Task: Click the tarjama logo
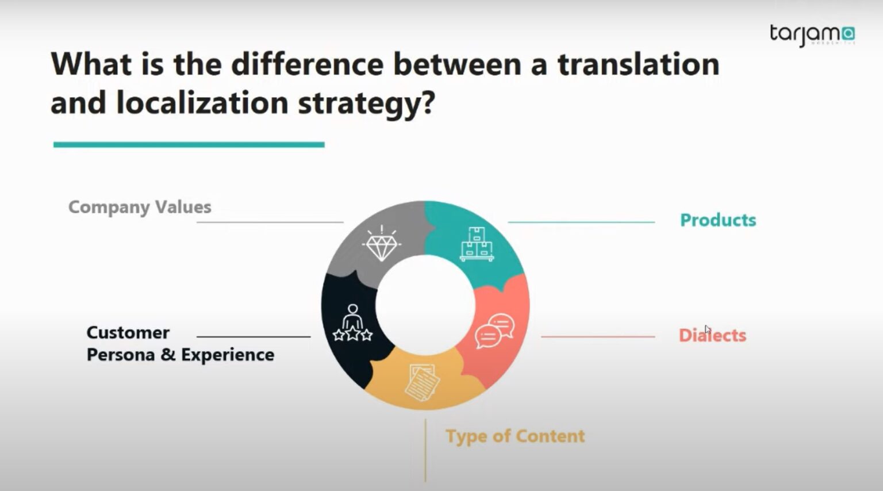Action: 812,34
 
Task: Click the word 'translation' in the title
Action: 638,64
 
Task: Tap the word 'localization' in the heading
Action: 202,103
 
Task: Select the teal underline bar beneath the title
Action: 189,145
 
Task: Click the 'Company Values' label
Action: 140,207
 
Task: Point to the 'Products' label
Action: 718,220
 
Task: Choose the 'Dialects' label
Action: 712,335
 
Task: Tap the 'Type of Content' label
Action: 515,436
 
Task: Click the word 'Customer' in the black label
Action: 128,332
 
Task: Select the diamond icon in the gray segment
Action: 381,244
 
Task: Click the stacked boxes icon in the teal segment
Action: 477,244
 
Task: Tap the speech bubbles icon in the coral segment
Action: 494,331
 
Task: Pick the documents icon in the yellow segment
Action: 422,382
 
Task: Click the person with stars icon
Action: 352,323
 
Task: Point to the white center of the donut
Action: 425,305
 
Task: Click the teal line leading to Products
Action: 581,222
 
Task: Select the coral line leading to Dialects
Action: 598,337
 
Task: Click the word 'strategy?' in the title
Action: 366,103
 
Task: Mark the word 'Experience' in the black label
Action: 228,355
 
